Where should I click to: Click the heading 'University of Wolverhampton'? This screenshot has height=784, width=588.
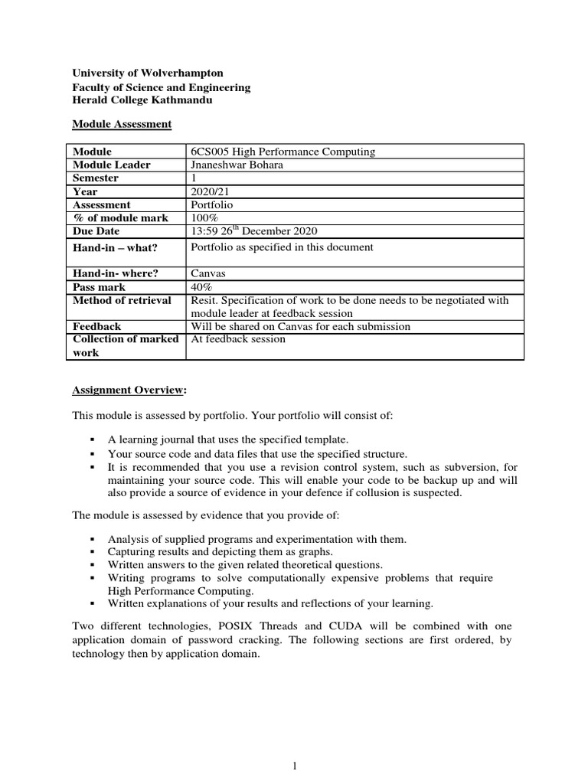(x=148, y=73)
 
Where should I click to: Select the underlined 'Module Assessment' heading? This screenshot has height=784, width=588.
(x=122, y=124)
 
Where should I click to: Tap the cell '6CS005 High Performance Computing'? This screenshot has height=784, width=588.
(x=282, y=152)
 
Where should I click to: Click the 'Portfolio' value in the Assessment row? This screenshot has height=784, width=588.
(x=211, y=204)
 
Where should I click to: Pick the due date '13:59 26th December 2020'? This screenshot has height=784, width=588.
(x=253, y=230)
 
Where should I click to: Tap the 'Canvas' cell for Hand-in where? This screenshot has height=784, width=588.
(x=207, y=273)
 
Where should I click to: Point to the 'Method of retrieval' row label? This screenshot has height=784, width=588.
(x=122, y=299)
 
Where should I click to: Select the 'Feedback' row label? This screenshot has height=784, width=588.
(x=96, y=326)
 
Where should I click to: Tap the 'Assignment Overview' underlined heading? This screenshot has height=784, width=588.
(x=128, y=389)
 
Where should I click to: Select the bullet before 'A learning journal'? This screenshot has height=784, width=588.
(x=92, y=439)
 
